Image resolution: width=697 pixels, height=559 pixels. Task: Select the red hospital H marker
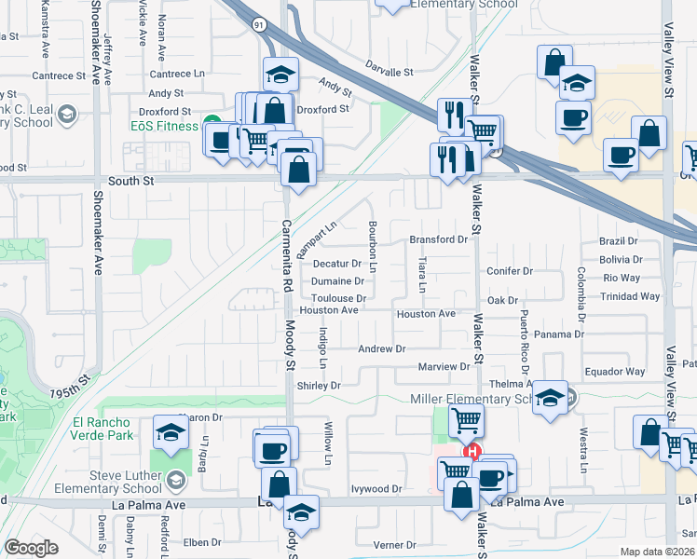[472, 453]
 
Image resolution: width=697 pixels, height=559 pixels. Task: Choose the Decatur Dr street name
[337, 264]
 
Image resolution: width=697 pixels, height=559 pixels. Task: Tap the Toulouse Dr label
[337, 297]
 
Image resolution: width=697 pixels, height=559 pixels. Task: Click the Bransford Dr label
[438, 239]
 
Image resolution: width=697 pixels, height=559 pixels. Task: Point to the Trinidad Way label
[631, 296]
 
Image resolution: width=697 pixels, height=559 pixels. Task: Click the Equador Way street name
[615, 372]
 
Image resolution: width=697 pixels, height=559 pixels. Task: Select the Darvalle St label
[389, 72]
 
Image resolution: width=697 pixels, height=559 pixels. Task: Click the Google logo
[31, 548]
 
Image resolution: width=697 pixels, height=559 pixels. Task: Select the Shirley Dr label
[319, 385]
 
